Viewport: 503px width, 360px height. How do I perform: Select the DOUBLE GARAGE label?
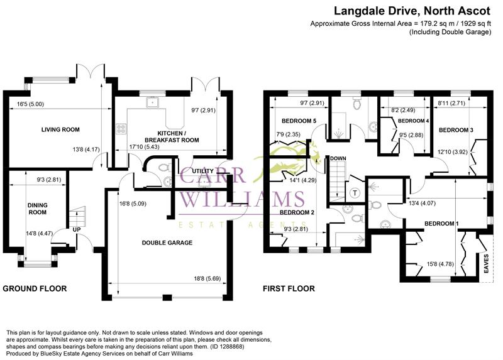click(167, 242)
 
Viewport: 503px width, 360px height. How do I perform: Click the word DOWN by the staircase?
click(338, 158)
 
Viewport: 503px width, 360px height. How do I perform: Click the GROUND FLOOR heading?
click(35, 288)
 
